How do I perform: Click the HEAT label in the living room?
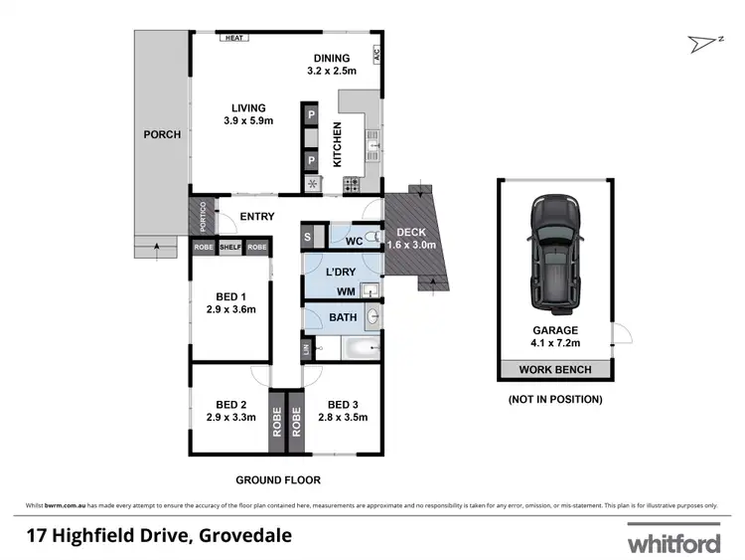tap(234, 38)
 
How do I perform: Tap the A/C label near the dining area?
tap(377, 57)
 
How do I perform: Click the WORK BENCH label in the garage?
tap(555, 370)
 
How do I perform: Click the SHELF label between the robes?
tap(230, 247)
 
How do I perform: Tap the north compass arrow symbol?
tap(701, 42)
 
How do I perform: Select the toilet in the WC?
tap(369, 237)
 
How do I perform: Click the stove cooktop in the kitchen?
tap(351, 184)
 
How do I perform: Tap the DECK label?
tap(410, 232)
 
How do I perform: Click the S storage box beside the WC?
tap(307, 237)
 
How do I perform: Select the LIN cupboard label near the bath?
tap(307, 348)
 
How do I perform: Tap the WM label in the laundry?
tap(345, 290)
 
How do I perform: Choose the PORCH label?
tap(161, 134)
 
